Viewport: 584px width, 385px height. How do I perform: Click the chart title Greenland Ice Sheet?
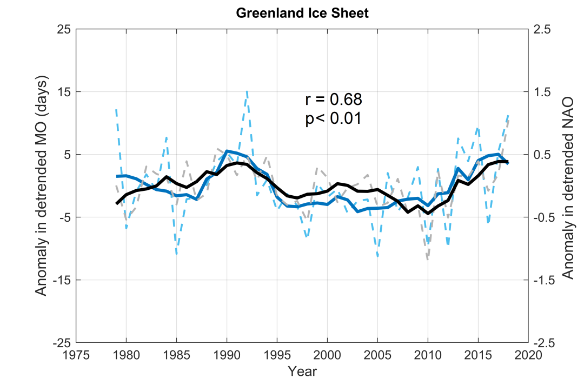click(x=302, y=14)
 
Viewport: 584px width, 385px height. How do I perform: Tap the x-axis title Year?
click(x=302, y=371)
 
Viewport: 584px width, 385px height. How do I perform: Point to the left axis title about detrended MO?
click(x=42, y=185)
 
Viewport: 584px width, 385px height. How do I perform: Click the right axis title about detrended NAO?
click(x=567, y=185)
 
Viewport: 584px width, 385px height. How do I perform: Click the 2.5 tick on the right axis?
click(x=542, y=29)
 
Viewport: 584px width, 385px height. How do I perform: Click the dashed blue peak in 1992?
click(x=247, y=91)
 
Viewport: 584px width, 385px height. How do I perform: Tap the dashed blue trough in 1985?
click(x=176, y=254)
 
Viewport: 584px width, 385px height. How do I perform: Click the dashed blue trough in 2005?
click(x=377, y=255)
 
